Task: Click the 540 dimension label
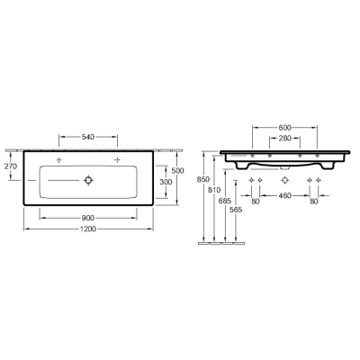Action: coord(88,137)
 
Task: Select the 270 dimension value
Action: coord(11,166)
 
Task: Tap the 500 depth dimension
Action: coord(177,171)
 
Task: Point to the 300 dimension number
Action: coord(166,182)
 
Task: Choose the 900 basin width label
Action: coord(88,218)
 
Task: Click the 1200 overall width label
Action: coord(88,229)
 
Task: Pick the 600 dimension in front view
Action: coord(285,128)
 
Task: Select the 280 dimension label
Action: coord(285,139)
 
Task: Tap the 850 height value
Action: coord(203,179)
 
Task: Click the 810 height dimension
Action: coord(214,190)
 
